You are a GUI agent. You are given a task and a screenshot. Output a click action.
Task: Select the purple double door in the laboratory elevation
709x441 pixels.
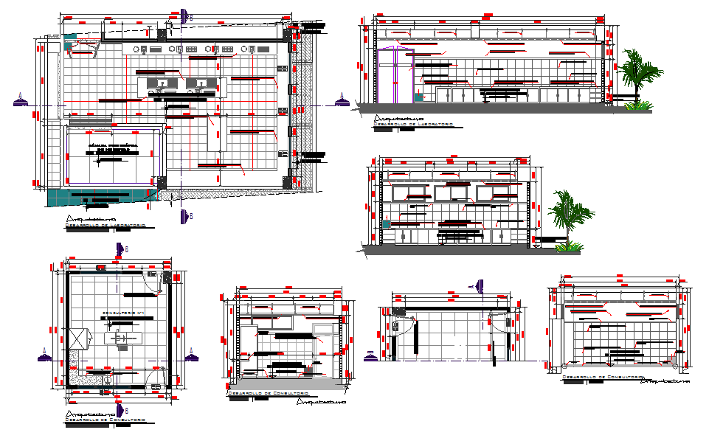coord(392,74)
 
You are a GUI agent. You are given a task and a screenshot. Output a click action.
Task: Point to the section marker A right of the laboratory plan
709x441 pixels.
coord(340,100)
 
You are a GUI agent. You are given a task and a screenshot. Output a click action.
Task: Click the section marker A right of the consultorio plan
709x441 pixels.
coord(193,355)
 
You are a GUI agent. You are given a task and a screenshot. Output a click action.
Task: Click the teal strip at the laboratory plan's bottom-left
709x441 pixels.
coord(103,195)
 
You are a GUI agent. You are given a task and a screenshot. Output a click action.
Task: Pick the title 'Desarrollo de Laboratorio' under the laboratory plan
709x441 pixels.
coord(106,225)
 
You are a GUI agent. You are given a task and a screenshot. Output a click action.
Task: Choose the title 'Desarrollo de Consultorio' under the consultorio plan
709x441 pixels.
coord(106,420)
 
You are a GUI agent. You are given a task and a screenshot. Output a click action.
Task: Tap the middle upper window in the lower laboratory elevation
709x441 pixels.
coord(453,194)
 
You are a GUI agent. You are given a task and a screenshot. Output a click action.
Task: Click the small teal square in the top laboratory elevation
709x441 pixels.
coord(419,95)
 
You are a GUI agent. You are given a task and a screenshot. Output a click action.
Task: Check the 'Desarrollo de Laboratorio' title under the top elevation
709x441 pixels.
coord(413,124)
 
